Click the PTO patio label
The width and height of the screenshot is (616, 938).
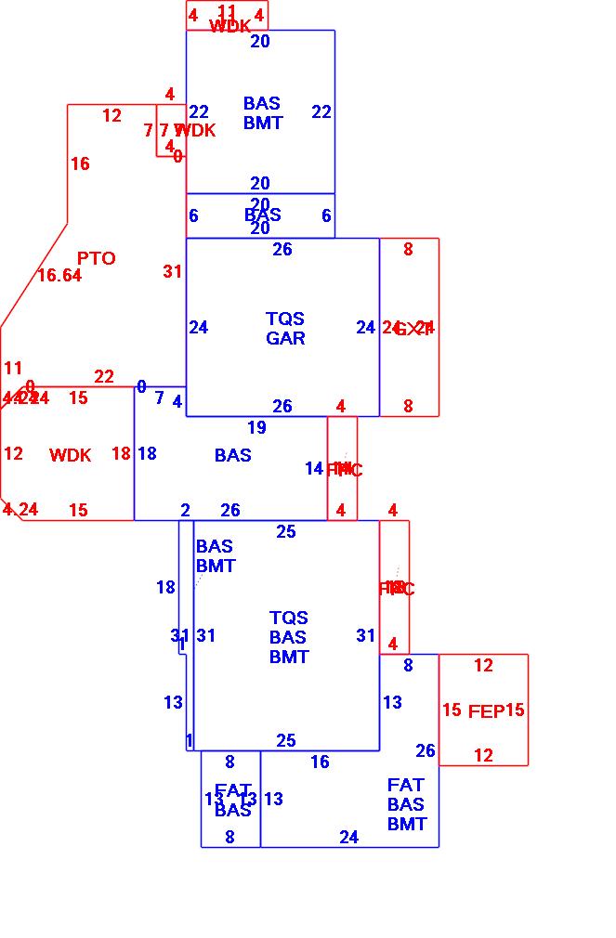97,258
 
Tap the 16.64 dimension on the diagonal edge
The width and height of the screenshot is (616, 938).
59,276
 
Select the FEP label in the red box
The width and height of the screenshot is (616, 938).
486,711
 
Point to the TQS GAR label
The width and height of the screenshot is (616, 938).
285,329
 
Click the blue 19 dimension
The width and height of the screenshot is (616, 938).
256,428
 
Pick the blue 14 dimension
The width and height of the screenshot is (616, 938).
314,469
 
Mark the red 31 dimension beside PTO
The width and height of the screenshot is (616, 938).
173,272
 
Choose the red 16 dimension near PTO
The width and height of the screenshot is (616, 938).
80,164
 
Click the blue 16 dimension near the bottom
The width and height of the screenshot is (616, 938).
320,762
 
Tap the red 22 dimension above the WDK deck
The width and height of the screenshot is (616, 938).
104,377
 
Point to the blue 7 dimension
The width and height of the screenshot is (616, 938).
159,398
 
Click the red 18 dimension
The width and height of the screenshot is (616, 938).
121,454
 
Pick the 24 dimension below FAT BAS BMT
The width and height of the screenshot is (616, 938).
348,838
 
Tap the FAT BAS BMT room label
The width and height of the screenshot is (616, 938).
406,804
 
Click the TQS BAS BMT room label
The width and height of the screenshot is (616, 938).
289,637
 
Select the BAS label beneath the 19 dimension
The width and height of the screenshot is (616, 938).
233,456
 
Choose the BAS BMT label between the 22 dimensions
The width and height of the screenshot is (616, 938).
263,112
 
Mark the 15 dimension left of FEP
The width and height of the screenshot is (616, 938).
452,710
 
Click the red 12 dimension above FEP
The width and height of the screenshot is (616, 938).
483,666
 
